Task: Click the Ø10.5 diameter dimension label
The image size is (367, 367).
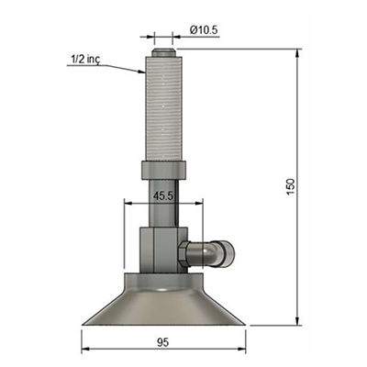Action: pyautogui.click(x=204, y=30)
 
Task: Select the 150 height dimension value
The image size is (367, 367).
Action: pyautogui.click(x=291, y=186)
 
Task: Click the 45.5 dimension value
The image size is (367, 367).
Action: pyautogui.click(x=163, y=196)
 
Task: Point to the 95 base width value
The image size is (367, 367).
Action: pyautogui.click(x=163, y=342)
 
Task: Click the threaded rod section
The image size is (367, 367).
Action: pyautogui.click(x=163, y=108)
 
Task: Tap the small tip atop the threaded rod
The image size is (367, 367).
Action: pyautogui.click(x=163, y=52)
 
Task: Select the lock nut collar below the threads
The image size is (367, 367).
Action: pyautogui.click(x=163, y=171)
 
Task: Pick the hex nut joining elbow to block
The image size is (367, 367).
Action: pyautogui.click(x=183, y=254)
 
